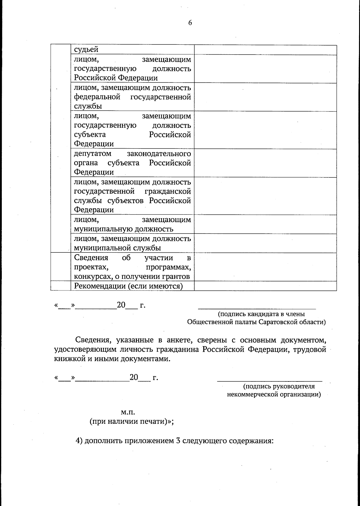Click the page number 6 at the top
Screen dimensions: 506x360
(190, 23)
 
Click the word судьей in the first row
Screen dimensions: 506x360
(86, 50)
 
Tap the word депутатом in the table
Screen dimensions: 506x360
(93, 154)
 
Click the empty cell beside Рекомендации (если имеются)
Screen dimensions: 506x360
(265, 286)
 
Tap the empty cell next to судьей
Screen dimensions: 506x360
(265, 50)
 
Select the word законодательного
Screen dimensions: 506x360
(159, 154)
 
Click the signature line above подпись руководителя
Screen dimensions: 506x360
(269, 381)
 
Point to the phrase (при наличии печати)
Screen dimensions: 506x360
(131, 421)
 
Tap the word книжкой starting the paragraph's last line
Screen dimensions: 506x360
(70, 359)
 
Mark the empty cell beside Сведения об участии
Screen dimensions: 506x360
(265, 267)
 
